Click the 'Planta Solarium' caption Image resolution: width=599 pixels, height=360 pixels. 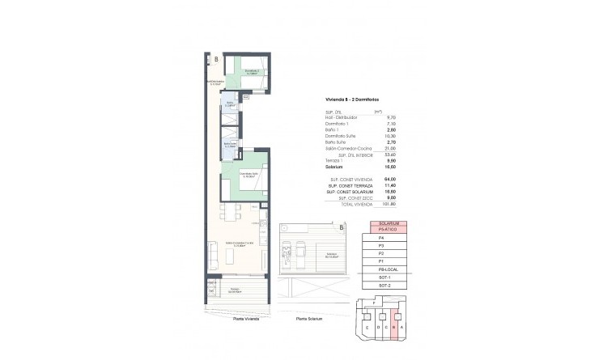point(310,319)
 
